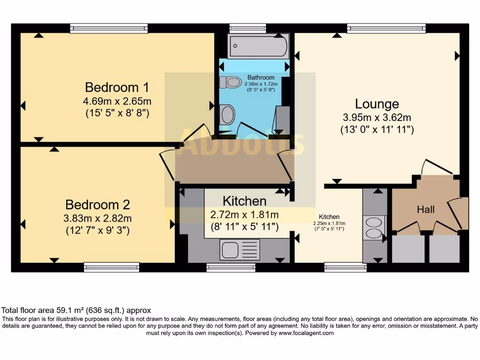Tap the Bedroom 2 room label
pyautogui.click(x=97, y=205)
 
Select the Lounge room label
pyautogui.click(x=377, y=104)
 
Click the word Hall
pyautogui.click(x=426, y=210)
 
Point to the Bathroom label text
pyautogui.click(x=261, y=77)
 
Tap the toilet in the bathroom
pyautogui.click(x=230, y=82)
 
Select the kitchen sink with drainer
pyautogui.click(x=240, y=249)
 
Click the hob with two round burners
pyautogui.click(x=375, y=228)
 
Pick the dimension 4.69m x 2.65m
pyautogui.click(x=118, y=101)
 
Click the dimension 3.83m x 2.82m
pyautogui.click(x=97, y=218)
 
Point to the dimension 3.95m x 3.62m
pyautogui.click(x=377, y=118)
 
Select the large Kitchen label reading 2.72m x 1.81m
pyautogui.click(x=244, y=214)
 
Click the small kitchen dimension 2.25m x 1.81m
pyautogui.click(x=329, y=223)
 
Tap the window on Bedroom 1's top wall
pyautogui.click(x=109, y=28)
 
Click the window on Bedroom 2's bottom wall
pyautogui.click(x=112, y=267)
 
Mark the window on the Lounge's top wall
pyautogui.click(x=386, y=28)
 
